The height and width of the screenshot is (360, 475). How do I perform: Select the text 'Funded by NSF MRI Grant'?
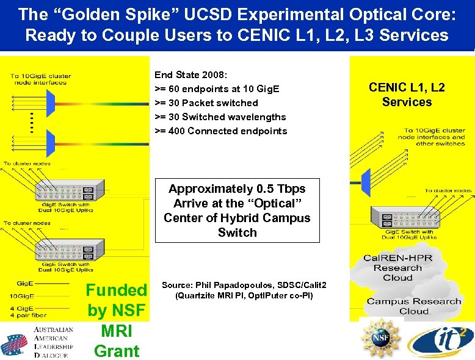click(x=116, y=320)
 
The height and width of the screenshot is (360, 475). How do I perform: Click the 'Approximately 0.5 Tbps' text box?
click(x=237, y=211)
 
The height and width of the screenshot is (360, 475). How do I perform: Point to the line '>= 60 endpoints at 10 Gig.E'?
click(x=217, y=89)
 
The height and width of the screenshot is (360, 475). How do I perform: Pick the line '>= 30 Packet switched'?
click(x=206, y=103)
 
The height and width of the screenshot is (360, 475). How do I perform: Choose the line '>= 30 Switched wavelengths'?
click(x=220, y=117)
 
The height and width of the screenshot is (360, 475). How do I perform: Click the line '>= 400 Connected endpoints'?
click(x=220, y=131)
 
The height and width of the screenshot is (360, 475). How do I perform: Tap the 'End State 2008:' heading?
click(x=191, y=75)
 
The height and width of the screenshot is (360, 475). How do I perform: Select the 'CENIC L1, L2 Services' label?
click(x=407, y=95)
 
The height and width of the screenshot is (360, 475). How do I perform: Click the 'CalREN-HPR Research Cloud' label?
click(x=397, y=268)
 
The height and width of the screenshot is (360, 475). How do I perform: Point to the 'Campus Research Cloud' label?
click(x=414, y=306)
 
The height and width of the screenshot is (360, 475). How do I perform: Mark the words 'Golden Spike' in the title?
click(x=83, y=13)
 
